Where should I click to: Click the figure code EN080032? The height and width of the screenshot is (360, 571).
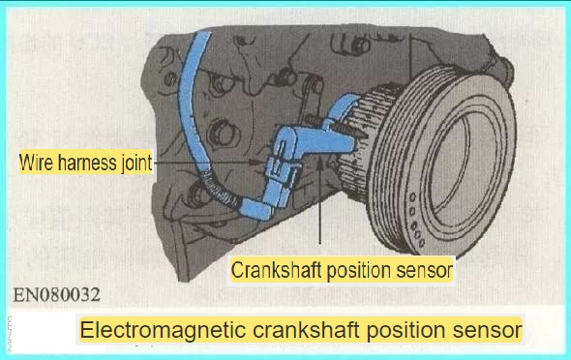56,295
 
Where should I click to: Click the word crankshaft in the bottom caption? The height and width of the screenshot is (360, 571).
306,330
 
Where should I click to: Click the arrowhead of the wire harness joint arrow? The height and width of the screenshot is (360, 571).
255,163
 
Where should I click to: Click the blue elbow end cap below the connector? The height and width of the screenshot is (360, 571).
255,209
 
